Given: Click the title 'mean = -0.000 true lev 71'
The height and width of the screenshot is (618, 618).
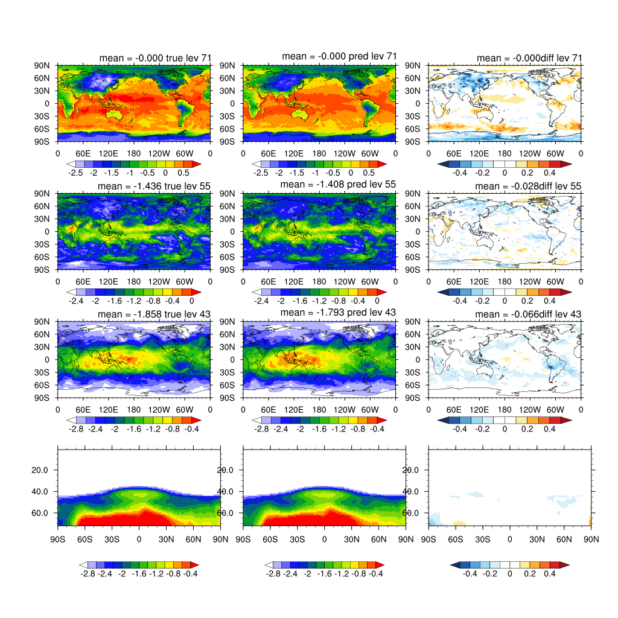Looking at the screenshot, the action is tap(155, 58).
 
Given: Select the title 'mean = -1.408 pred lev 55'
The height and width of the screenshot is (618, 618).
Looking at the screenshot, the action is tap(338, 184).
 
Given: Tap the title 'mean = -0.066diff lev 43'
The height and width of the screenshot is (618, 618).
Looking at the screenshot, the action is tap(528, 314).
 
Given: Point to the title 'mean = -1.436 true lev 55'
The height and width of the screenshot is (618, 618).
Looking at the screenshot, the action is tap(154, 186).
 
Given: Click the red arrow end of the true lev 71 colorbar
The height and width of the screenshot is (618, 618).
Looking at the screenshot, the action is tap(197, 164).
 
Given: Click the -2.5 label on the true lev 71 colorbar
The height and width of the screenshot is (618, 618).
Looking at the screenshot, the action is tap(75, 173).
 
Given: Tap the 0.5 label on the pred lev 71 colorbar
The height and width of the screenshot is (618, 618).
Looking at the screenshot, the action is tap(369, 173).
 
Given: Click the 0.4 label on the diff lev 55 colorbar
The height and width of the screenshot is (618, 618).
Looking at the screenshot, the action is tap(549, 301).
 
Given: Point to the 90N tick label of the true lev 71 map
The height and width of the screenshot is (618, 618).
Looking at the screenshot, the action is tap(42, 65).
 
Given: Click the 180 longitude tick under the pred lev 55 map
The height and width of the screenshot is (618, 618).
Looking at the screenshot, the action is tap(319, 282).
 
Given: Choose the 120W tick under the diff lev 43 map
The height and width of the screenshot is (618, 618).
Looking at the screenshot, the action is tap(530, 410).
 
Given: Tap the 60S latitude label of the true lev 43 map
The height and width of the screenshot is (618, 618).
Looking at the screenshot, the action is tap(42, 385).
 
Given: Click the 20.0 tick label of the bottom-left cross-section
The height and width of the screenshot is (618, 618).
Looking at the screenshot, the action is tap(40, 470).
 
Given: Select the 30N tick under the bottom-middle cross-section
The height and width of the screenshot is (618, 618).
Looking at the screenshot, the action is tap(352, 539).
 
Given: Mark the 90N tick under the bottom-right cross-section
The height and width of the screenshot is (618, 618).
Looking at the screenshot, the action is tap(591, 539).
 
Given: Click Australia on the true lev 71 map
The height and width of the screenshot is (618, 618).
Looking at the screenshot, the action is tap(115, 114).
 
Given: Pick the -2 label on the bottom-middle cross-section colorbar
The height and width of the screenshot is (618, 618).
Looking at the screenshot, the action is tap(308, 574).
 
